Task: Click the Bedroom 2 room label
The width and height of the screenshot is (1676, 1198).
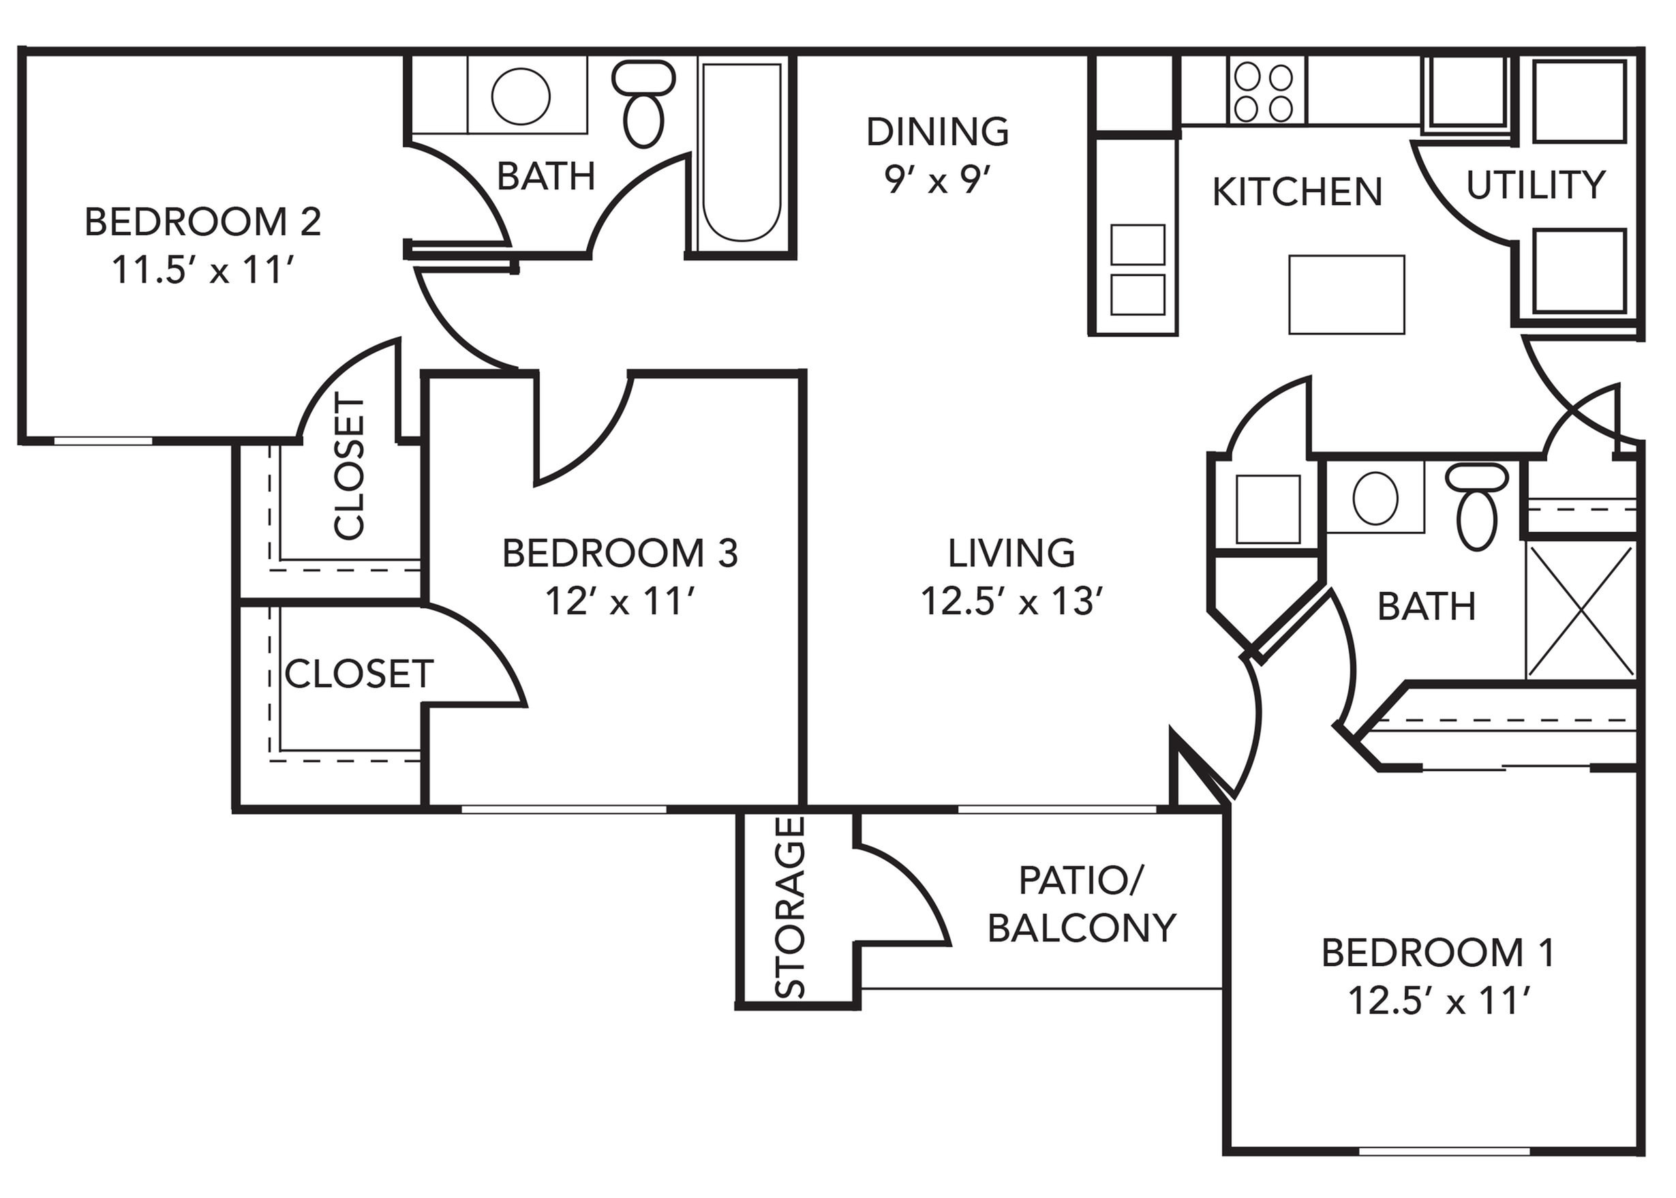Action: click(x=203, y=222)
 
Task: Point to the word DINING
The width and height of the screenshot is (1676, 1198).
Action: click(x=937, y=132)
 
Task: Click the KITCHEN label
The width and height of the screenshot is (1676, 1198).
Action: click(x=1297, y=192)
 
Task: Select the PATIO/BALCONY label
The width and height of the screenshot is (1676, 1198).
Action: click(x=1081, y=904)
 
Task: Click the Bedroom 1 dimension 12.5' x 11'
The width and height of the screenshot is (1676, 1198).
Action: click(x=1438, y=1001)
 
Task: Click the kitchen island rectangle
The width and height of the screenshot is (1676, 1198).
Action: click(x=1346, y=295)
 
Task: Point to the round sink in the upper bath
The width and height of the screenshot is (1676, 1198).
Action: click(x=521, y=96)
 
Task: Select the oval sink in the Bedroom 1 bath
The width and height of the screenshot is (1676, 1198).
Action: click(x=1375, y=498)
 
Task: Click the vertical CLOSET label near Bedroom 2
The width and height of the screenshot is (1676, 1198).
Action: click(x=350, y=466)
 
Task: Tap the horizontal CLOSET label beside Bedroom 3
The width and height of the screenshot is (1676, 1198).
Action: click(x=359, y=674)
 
